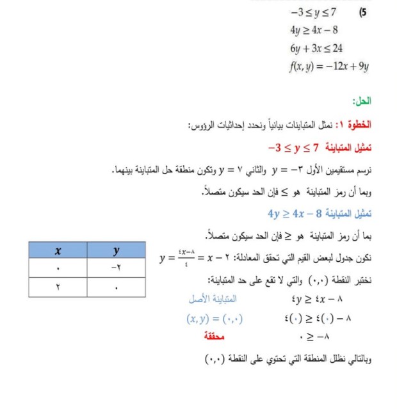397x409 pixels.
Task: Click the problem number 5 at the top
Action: pyautogui.click(x=363, y=12)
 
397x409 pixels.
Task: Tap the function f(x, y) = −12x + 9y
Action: pyautogui.click(x=328, y=66)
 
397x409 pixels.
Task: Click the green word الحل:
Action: pyautogui.click(x=362, y=101)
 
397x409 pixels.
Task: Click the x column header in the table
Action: pyautogui.click(x=57, y=252)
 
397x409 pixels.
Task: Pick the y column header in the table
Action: pyautogui.click(x=116, y=252)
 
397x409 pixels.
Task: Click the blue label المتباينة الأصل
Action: pyautogui.click(x=213, y=298)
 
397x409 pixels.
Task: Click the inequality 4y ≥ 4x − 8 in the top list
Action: pyautogui.click(x=313, y=30)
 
